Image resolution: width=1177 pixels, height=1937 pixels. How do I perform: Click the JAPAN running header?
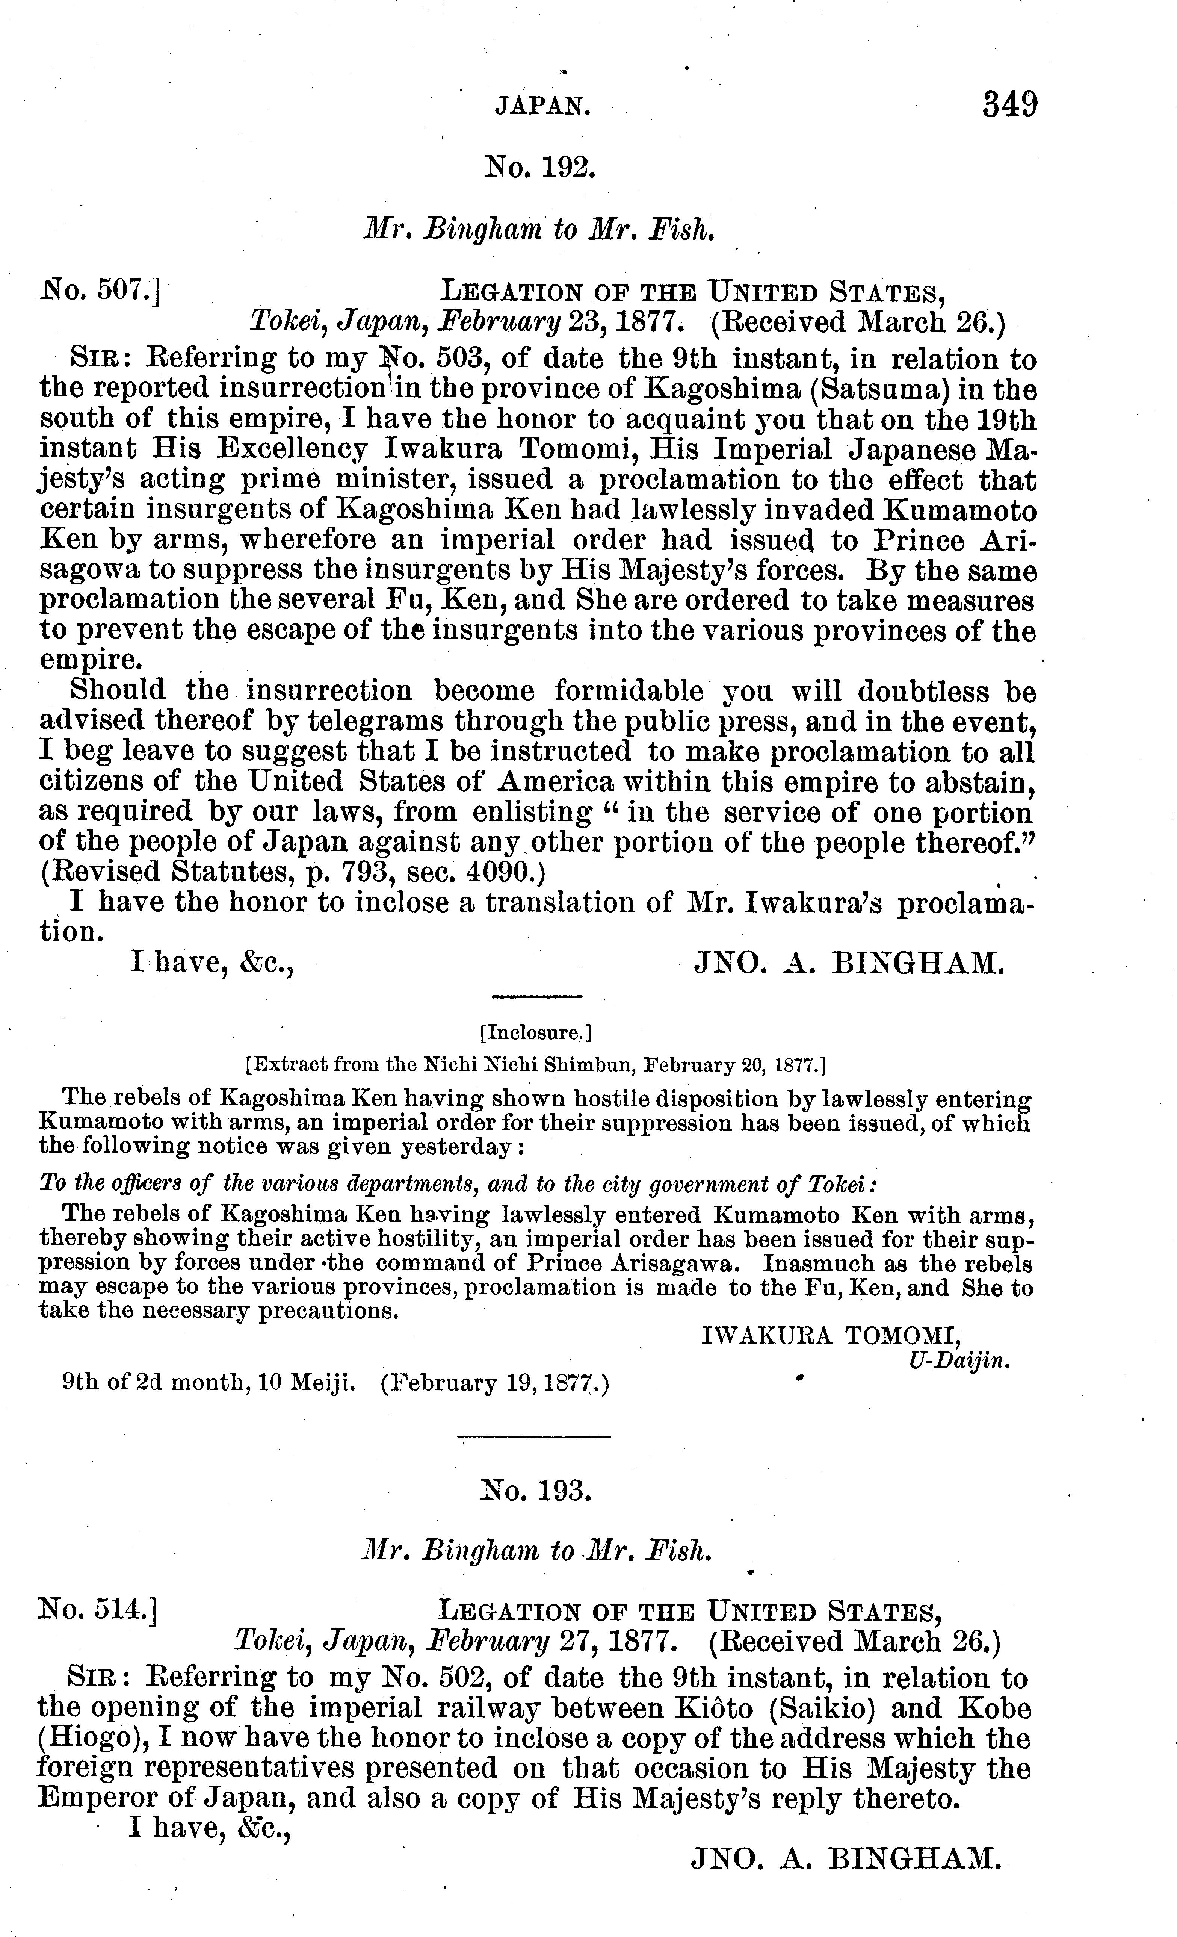[x=542, y=106]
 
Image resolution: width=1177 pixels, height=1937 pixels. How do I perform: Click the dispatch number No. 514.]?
[x=97, y=1612]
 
